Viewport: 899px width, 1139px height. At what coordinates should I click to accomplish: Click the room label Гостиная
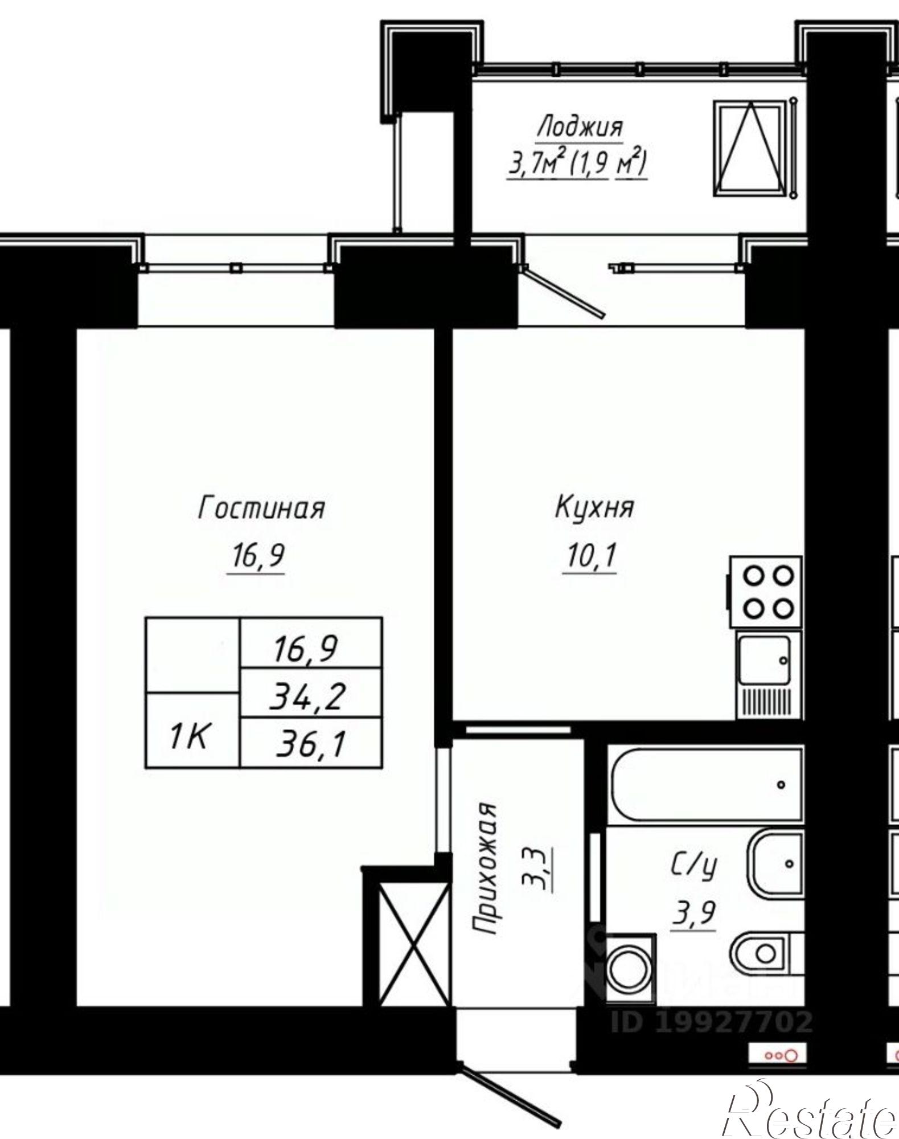(x=261, y=507)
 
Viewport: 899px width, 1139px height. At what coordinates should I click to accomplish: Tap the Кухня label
(x=594, y=507)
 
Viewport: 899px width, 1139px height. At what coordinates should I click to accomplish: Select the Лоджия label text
(x=580, y=126)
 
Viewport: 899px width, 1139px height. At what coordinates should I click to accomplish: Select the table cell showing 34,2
(x=308, y=695)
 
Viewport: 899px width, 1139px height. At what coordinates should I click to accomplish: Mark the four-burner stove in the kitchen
(x=766, y=592)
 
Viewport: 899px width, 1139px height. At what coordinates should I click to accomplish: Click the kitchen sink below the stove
(x=764, y=660)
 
